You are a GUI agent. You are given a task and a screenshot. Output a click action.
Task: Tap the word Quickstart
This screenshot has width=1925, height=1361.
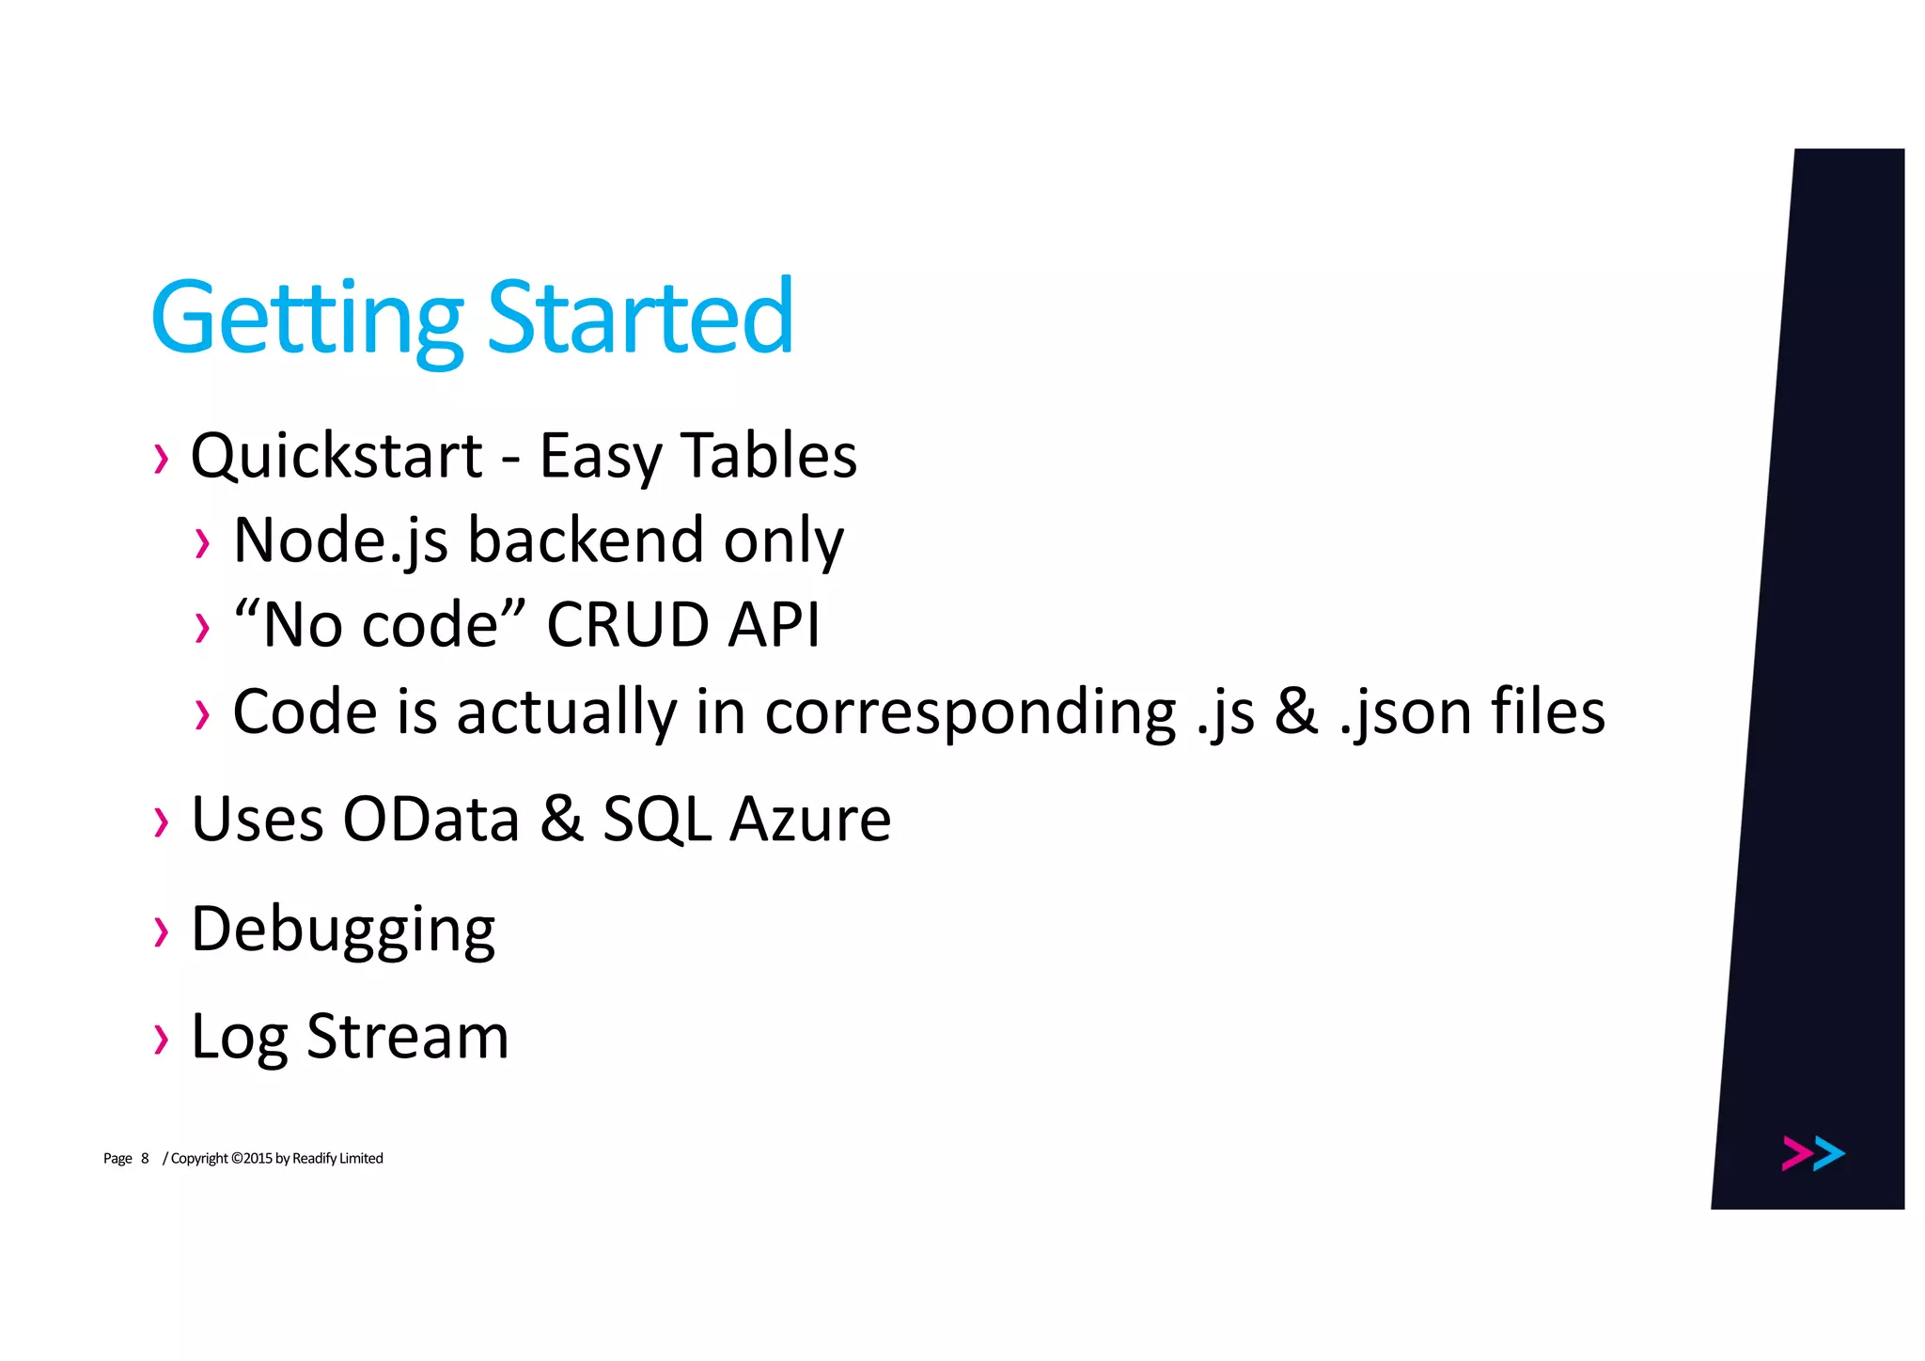(x=336, y=456)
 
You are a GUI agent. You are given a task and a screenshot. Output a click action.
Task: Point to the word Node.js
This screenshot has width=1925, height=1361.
(x=340, y=540)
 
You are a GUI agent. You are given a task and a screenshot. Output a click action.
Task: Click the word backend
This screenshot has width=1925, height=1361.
(x=586, y=540)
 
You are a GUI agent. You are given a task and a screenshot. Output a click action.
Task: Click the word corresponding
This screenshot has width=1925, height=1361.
(x=970, y=712)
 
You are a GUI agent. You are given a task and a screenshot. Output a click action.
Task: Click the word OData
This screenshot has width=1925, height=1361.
(x=430, y=819)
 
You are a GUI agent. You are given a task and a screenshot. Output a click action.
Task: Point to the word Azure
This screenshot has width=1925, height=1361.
(x=810, y=819)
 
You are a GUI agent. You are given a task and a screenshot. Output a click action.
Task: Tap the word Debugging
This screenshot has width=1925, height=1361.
(x=343, y=931)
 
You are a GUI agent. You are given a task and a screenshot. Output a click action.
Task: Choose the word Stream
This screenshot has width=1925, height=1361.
(x=408, y=1037)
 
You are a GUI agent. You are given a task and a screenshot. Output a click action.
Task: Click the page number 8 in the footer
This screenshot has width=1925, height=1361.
(x=145, y=1158)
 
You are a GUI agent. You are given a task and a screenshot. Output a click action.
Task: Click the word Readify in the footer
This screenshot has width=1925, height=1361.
(x=314, y=1158)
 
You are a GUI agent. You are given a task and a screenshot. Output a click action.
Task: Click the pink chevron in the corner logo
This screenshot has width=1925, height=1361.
(x=1796, y=1153)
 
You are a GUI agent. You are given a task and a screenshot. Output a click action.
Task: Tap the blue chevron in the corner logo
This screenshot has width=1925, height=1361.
(x=1829, y=1153)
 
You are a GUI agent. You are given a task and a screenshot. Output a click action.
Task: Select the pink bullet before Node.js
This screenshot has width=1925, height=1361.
(x=202, y=543)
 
